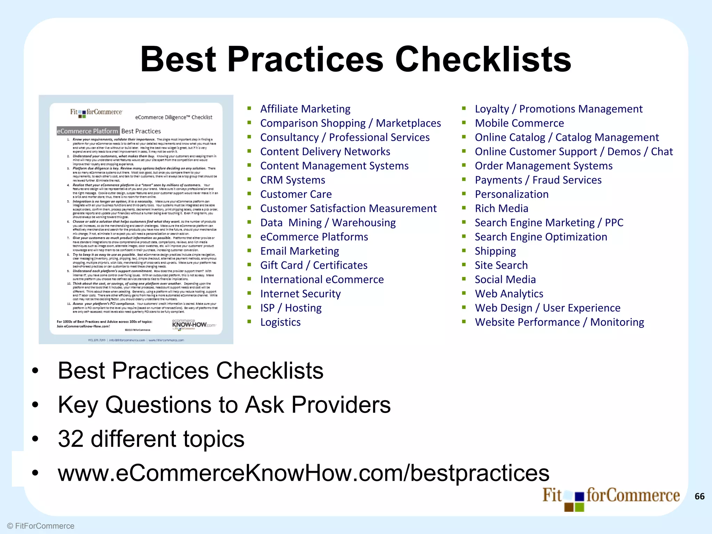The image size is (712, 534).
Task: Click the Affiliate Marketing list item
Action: (305, 109)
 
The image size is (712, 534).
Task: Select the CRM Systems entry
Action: (293, 180)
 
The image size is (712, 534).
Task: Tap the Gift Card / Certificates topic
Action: (314, 265)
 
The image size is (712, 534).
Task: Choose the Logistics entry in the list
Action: (281, 322)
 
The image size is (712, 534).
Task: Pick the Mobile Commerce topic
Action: (519, 123)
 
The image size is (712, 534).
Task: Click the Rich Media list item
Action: (501, 209)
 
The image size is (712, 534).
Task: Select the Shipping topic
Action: (495, 251)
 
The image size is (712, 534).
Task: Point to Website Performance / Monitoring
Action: (559, 322)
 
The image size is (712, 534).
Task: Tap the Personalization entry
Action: (512, 194)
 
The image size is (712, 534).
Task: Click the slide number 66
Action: (699, 496)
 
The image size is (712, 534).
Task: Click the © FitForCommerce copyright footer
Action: (41, 526)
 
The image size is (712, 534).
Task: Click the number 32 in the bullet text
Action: (71, 439)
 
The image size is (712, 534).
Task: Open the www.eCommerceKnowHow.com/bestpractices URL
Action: (304, 473)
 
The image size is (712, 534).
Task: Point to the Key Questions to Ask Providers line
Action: (224, 405)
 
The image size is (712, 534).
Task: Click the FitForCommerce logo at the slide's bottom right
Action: (610, 498)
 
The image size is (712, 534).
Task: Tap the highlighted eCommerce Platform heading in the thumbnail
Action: (88, 131)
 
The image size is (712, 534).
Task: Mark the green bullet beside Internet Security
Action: (249, 293)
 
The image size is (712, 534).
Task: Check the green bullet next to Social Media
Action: (464, 279)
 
